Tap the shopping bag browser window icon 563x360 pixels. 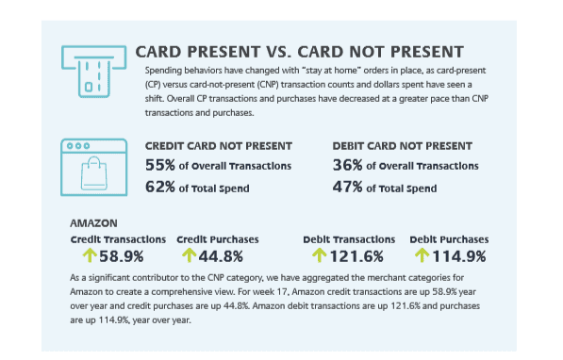click(x=93, y=167)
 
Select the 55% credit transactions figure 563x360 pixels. click(x=160, y=165)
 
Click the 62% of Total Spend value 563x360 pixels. click(x=160, y=187)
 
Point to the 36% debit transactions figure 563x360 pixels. click(x=347, y=165)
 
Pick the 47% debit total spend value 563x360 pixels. click(x=347, y=187)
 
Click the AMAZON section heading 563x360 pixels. click(x=93, y=223)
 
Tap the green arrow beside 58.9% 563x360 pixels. click(x=90, y=255)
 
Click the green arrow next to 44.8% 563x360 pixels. click(x=190, y=255)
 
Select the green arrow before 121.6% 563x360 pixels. click(x=319, y=255)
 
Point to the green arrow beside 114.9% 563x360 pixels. click(x=422, y=255)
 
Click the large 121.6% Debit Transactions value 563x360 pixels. click(x=356, y=256)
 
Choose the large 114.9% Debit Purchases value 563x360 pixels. click(x=459, y=256)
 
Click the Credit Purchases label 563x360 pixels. click(x=218, y=239)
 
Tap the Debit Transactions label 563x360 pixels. click(x=349, y=239)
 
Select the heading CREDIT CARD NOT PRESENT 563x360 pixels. click(x=219, y=146)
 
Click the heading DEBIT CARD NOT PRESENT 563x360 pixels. click(x=402, y=146)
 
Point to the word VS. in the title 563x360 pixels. click(x=278, y=52)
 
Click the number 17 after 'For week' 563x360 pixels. click(x=282, y=292)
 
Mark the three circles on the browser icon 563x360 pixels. click(x=78, y=146)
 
